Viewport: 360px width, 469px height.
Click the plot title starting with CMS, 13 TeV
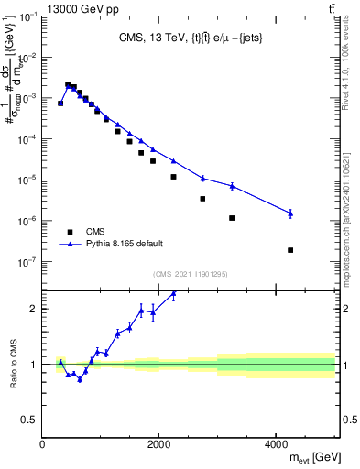pos(189,38)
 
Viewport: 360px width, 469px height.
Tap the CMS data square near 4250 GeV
pos(290,250)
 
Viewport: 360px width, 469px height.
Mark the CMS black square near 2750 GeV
pos(202,199)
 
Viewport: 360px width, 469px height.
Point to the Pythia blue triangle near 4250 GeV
pos(290,213)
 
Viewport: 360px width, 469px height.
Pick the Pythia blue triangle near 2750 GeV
pos(202,178)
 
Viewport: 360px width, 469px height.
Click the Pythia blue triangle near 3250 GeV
pos(232,186)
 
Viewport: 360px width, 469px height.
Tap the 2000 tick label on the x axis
pos(158,443)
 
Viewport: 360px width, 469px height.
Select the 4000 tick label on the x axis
pos(276,443)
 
